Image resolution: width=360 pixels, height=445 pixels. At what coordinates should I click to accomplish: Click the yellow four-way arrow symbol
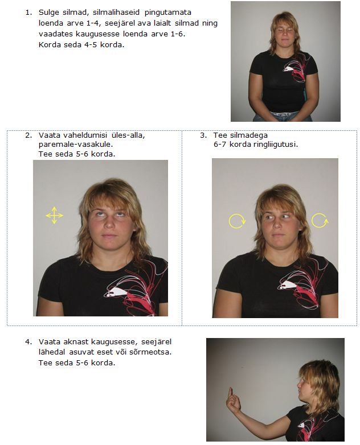tap(54, 216)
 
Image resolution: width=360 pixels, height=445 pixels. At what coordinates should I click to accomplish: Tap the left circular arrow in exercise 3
tap(237, 221)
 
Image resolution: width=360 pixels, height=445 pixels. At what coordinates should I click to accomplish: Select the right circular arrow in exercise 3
tap(320, 220)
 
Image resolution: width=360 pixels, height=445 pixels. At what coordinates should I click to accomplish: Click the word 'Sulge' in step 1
tap(49, 13)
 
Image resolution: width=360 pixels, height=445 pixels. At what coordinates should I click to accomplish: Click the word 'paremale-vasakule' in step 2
tap(76, 145)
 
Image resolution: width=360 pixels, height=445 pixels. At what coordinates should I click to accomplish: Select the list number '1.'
tap(28, 13)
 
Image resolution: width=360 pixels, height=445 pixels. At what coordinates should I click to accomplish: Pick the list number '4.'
tap(28, 341)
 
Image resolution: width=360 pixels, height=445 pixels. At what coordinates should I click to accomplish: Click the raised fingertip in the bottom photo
tap(231, 389)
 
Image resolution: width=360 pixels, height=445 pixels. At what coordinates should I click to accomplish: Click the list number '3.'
tap(203, 135)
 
